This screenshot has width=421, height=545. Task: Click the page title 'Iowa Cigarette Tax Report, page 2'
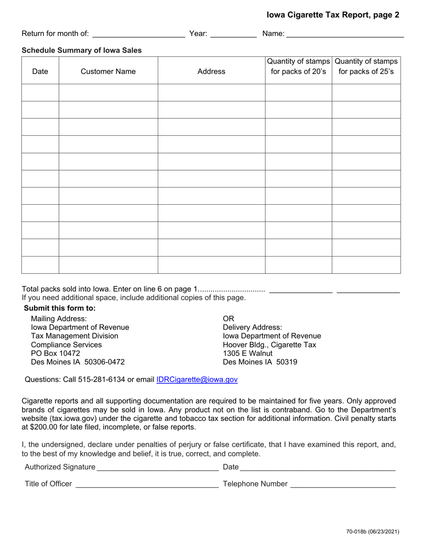tap(332, 15)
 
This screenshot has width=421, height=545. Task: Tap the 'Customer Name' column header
tap(108, 71)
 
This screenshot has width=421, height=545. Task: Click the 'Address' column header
tap(211, 71)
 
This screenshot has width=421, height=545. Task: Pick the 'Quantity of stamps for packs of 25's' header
tap(366, 66)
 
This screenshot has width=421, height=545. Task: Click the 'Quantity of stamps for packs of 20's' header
tap(299, 66)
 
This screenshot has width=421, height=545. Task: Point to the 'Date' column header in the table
tap(40, 71)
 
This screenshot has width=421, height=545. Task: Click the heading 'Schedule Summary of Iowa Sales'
tap(82, 51)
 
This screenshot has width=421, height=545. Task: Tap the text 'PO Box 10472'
tap(55, 353)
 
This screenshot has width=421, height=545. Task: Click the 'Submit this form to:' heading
tap(59, 308)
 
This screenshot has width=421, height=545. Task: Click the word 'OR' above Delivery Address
tap(228, 319)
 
